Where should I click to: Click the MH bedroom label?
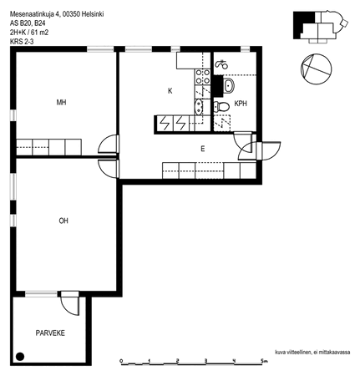coord(61,103)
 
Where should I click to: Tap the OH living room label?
coord(63,221)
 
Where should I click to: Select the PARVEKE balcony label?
coord(50,333)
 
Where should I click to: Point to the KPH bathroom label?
coord(241,104)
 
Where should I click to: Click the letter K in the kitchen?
coord(170,91)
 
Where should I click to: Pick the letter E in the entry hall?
coord(203,149)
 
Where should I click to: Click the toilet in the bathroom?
coord(221,106)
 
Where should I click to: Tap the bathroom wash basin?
coord(229,86)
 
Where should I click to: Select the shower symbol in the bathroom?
coord(221,64)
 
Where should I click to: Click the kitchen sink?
coord(199,107)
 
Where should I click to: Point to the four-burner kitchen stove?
coord(202,77)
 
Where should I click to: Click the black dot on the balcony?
coord(20,356)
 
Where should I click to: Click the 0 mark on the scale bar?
coord(121,361)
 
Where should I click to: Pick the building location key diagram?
coord(321,27)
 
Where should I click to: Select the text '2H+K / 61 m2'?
coord(29,33)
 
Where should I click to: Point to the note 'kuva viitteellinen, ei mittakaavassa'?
coord(312,353)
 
